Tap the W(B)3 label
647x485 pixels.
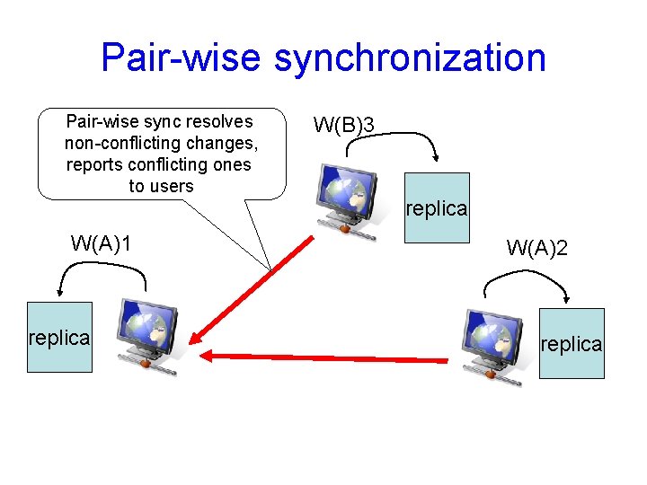click(x=343, y=124)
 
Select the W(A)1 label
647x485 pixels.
click(x=102, y=243)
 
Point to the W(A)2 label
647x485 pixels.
click(x=537, y=249)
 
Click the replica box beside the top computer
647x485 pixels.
click(x=437, y=208)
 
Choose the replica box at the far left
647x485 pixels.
click(x=59, y=338)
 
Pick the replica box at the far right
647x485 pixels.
click(x=572, y=344)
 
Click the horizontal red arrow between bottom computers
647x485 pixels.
click(x=323, y=358)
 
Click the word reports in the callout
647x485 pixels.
click(x=93, y=165)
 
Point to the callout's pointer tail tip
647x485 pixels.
click(x=270, y=268)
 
